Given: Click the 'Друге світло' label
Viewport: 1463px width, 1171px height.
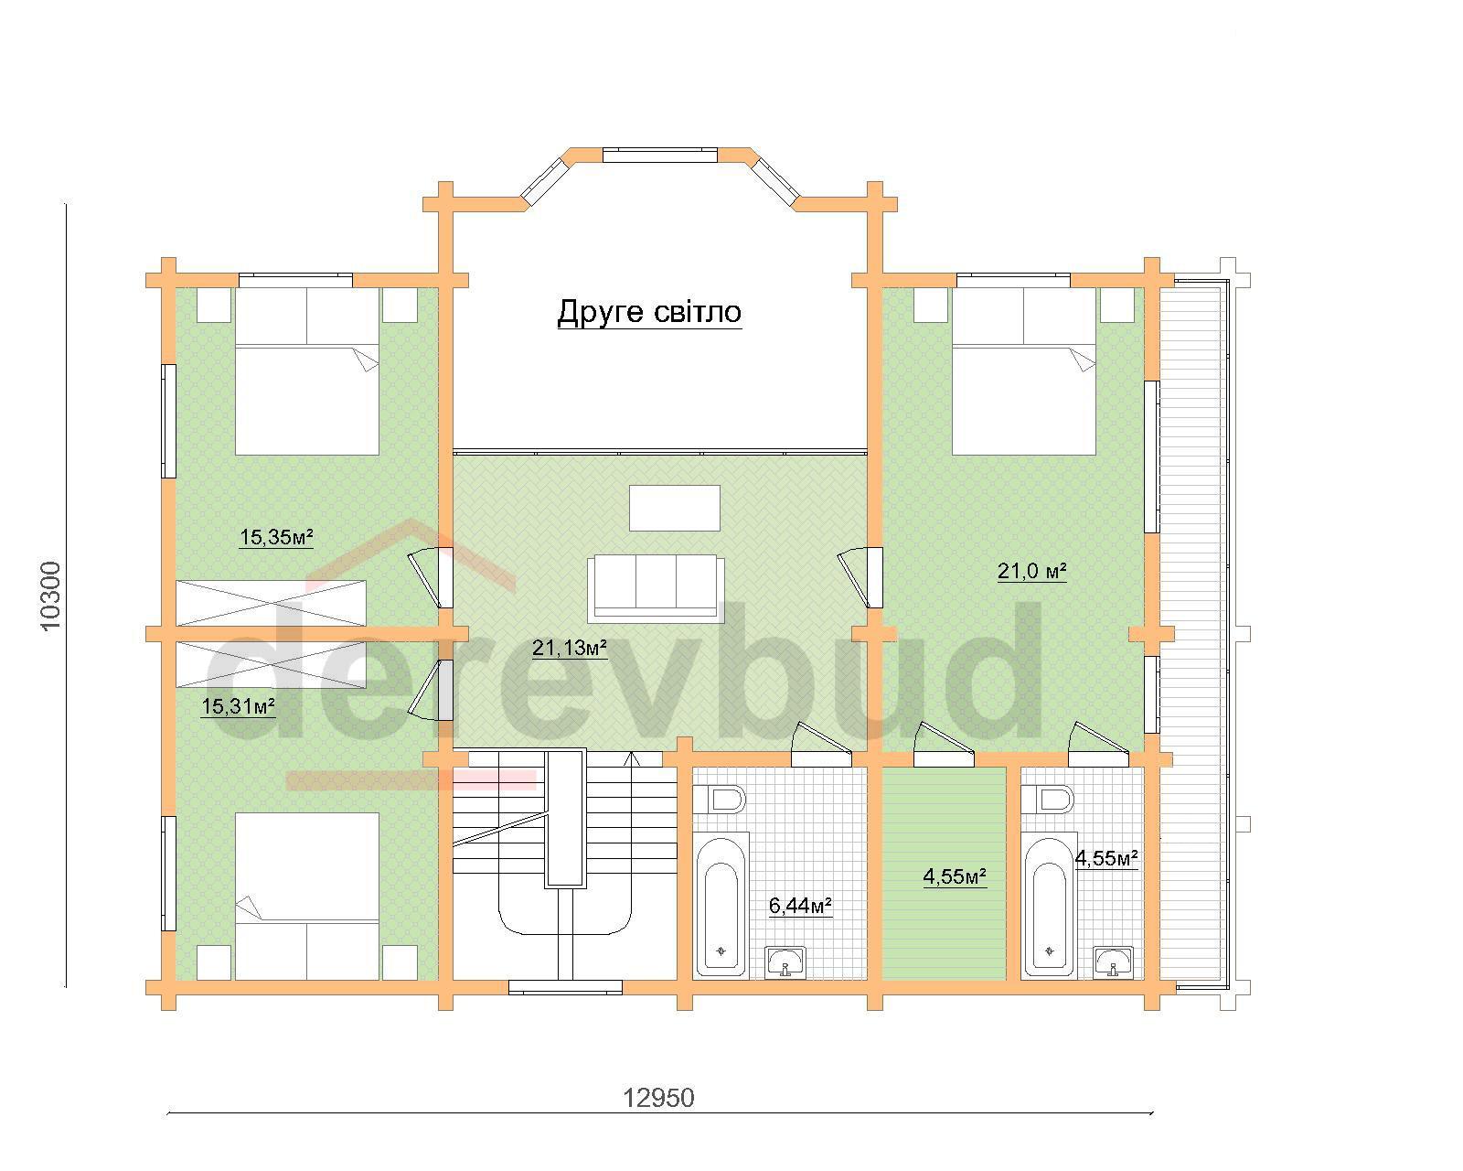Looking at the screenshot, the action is (649, 312).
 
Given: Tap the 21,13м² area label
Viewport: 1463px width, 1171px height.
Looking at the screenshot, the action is (569, 648).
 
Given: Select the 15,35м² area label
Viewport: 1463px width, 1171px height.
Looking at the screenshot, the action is (276, 537).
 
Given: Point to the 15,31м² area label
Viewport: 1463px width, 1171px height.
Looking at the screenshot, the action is (238, 706).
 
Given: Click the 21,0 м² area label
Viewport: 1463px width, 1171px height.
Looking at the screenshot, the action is (1031, 571).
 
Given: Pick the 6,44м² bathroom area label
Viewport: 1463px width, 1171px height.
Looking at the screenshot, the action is (800, 906).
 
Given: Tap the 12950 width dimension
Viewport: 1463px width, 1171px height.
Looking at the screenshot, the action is (658, 1098).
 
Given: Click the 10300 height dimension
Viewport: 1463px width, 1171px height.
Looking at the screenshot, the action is (51, 596).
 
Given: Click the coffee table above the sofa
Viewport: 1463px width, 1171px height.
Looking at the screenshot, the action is (675, 508).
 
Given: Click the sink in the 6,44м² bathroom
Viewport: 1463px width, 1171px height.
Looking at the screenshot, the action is (785, 962).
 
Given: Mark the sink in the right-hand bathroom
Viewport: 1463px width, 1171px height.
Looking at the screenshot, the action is (1115, 962).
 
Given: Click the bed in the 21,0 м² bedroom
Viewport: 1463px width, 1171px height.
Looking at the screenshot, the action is (1024, 371).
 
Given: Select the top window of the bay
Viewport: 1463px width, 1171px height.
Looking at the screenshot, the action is (659, 156).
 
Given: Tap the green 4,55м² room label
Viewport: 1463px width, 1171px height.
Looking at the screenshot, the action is (955, 877).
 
